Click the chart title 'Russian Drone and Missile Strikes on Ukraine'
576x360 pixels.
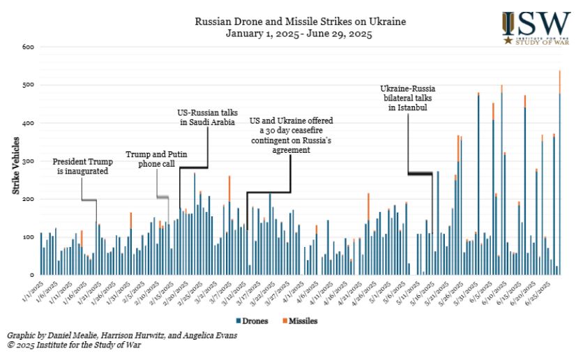click(x=300, y=22)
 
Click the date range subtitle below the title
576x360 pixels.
click(x=300, y=33)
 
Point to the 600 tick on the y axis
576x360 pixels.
click(x=27, y=47)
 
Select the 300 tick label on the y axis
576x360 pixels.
click(x=27, y=161)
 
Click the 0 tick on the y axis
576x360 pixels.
click(x=31, y=276)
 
